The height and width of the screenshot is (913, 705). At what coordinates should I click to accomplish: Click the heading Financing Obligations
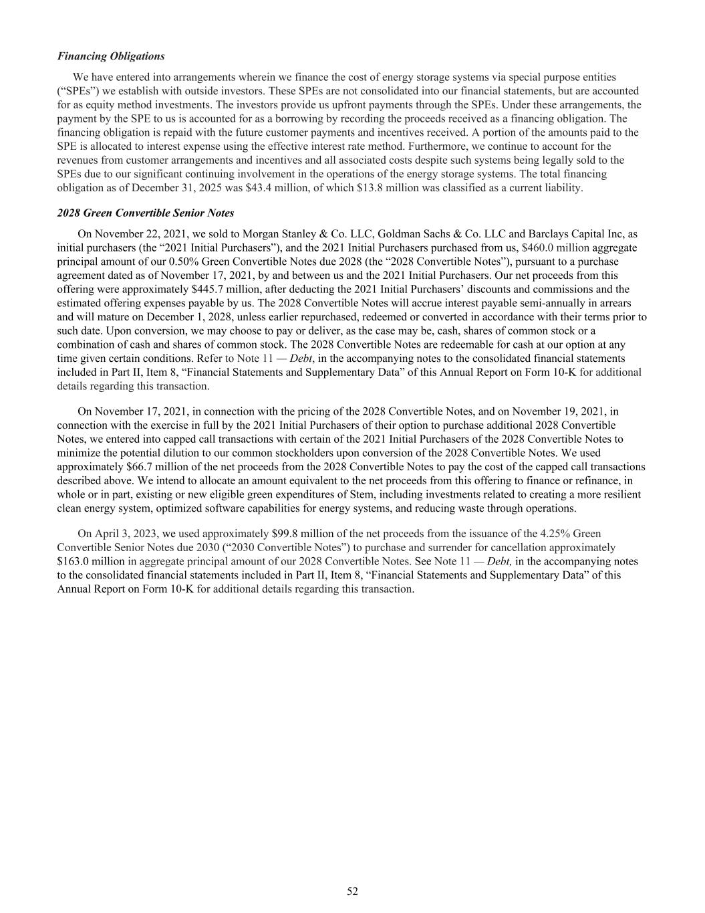pos(111,56)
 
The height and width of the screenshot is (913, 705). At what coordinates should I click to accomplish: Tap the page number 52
pos(352,891)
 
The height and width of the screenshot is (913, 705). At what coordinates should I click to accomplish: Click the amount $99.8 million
pos(303,533)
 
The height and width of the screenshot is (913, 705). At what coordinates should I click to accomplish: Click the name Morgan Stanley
pos(273,233)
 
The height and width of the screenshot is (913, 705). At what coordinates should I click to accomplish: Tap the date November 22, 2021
pos(143,233)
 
